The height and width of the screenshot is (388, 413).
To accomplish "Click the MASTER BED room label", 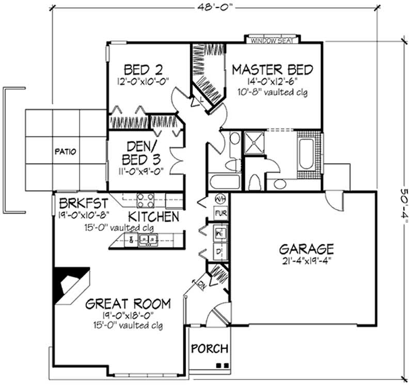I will click(x=272, y=69).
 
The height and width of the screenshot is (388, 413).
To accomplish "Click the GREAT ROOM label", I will click(x=129, y=303).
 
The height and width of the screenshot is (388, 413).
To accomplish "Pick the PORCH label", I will click(x=210, y=349).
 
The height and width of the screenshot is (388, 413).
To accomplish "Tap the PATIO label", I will click(x=66, y=152).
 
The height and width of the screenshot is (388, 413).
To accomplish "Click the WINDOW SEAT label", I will click(x=272, y=40).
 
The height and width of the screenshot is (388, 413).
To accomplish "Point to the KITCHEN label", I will click(x=154, y=216).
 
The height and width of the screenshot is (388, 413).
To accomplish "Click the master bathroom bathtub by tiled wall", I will click(x=306, y=153).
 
